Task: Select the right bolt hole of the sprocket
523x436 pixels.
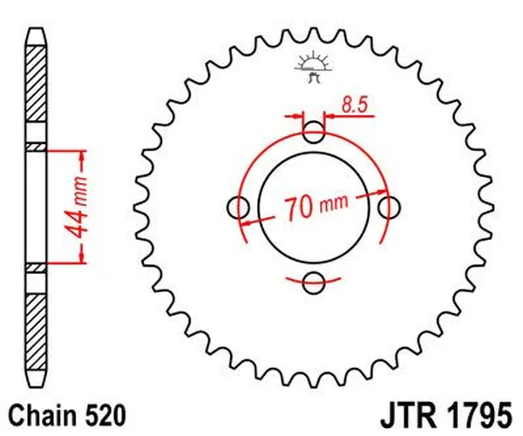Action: [x=391, y=208]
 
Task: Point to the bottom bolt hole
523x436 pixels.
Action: [x=316, y=281]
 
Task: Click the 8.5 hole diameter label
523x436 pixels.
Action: [x=355, y=107]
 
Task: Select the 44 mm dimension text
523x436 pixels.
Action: [x=73, y=206]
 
